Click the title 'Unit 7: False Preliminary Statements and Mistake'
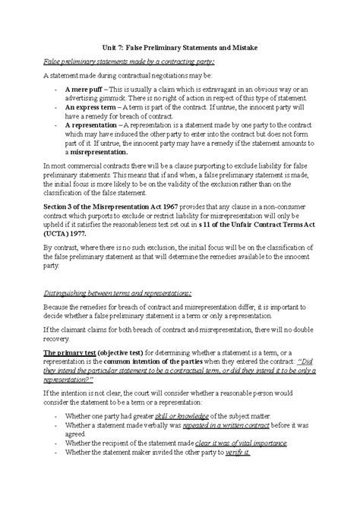(x=180, y=47)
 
